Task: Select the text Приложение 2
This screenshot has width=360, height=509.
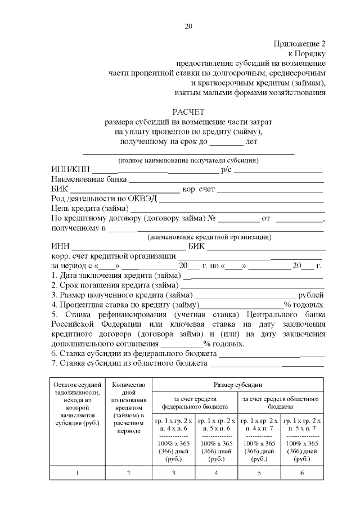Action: (x=300, y=43)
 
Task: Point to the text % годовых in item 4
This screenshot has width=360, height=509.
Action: (x=304, y=304)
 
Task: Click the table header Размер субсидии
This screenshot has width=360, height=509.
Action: (x=237, y=385)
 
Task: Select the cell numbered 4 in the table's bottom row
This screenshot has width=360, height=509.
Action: (x=216, y=472)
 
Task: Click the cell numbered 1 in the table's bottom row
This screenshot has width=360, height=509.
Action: (x=78, y=472)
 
